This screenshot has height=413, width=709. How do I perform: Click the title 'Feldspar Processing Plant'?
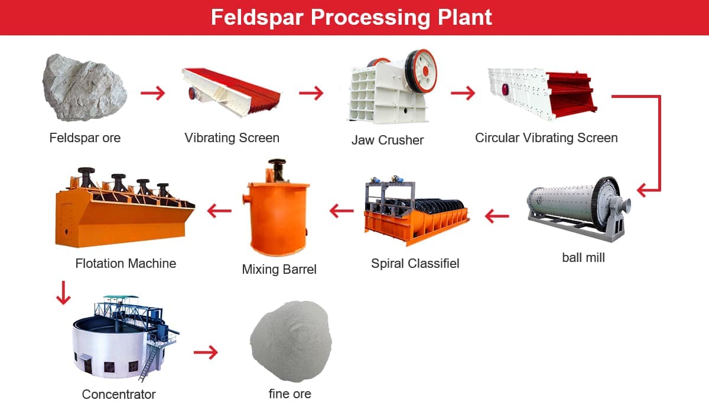click(352, 17)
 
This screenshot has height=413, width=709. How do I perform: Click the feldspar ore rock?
click(85, 87)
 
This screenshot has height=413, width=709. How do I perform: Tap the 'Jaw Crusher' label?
click(388, 140)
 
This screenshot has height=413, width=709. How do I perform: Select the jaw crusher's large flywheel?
click(421, 71)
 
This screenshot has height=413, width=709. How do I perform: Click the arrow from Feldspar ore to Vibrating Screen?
click(153, 93)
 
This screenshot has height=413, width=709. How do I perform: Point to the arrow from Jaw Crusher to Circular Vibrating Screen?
click(463, 93)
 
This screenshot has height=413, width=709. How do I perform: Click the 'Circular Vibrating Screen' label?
click(547, 138)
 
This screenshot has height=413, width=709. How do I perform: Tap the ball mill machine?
click(578, 208)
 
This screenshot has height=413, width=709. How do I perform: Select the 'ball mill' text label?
click(583, 257)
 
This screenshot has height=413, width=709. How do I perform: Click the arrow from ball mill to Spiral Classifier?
click(497, 216)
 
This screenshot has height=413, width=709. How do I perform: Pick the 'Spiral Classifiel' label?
click(415, 264)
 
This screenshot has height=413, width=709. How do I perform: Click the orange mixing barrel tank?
click(277, 218)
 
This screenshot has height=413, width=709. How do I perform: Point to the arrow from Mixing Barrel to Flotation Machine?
click(219, 211)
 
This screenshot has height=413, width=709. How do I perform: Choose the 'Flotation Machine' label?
click(126, 264)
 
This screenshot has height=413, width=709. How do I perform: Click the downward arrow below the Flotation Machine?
click(63, 293)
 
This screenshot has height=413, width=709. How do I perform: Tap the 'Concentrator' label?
click(119, 394)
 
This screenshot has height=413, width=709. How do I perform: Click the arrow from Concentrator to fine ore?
click(206, 352)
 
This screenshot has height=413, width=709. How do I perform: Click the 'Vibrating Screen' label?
click(232, 138)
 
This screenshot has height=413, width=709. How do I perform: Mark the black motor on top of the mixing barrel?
click(277, 169)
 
